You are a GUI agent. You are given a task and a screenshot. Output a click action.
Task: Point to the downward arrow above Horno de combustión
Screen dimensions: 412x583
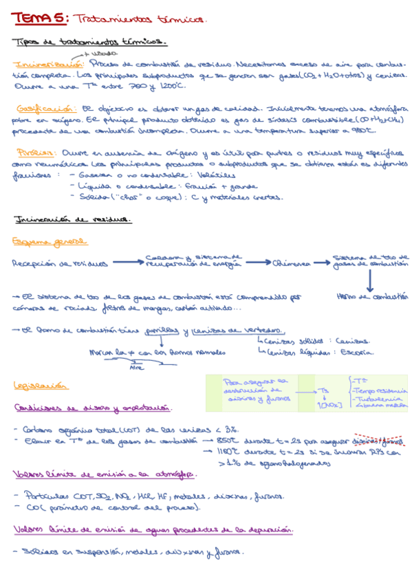[x=369, y=279]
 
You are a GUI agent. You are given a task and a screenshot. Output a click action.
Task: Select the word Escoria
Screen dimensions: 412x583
[x=357, y=352]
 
